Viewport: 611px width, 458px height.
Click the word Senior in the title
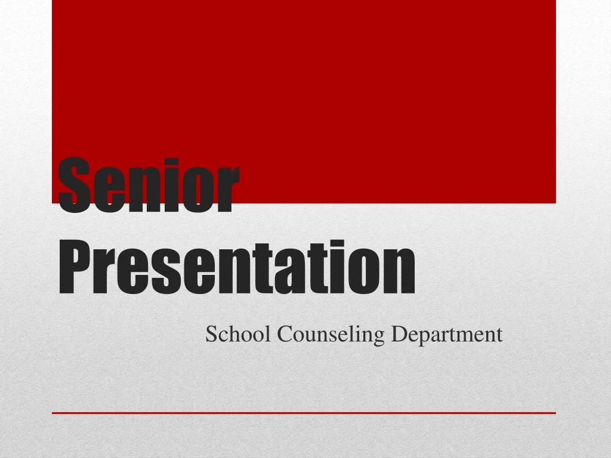[x=149, y=185]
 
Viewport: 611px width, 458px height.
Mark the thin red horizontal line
[x=304, y=413]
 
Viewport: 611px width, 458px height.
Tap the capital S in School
[x=211, y=335]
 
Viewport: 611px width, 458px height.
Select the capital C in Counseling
[x=282, y=335]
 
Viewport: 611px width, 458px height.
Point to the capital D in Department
[x=397, y=335]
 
